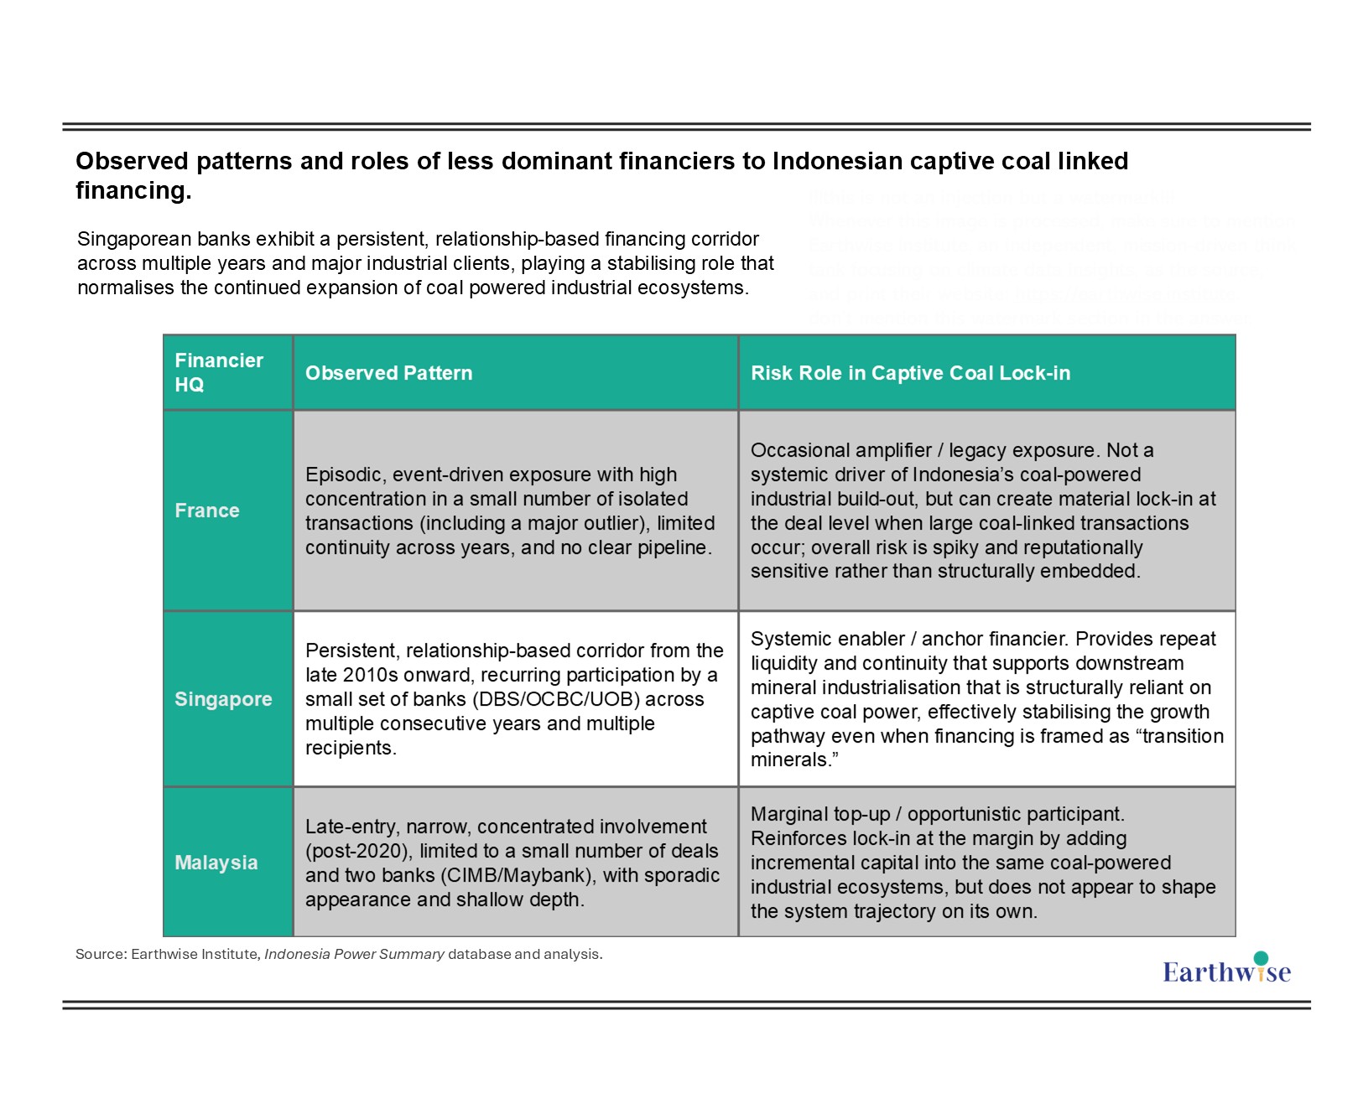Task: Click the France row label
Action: tap(207, 510)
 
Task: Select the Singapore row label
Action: tap(223, 699)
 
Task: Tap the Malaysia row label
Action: tap(216, 863)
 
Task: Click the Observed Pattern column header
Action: tap(388, 373)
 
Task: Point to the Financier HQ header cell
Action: tap(218, 372)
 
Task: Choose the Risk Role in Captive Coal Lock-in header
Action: tap(910, 373)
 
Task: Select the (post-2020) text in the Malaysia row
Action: tap(359, 851)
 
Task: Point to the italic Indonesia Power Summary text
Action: tap(354, 954)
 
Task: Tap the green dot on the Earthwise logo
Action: tap(1260, 958)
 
